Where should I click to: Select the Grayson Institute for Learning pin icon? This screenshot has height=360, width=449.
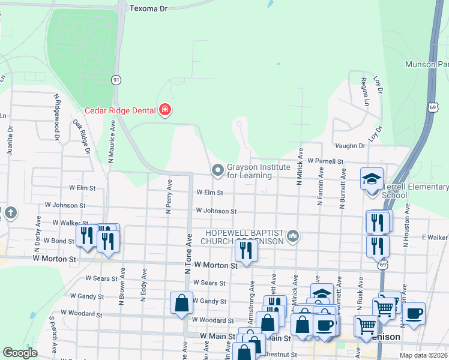217,171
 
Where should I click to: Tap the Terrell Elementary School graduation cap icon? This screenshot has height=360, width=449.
372,179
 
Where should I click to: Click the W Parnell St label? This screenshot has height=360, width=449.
325,161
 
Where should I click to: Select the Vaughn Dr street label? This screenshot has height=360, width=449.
350,146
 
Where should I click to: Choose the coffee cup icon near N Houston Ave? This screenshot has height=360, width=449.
414,313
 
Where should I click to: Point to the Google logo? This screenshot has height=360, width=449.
20,353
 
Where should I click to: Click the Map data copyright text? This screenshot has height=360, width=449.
424,355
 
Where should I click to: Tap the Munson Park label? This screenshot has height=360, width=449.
427,64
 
